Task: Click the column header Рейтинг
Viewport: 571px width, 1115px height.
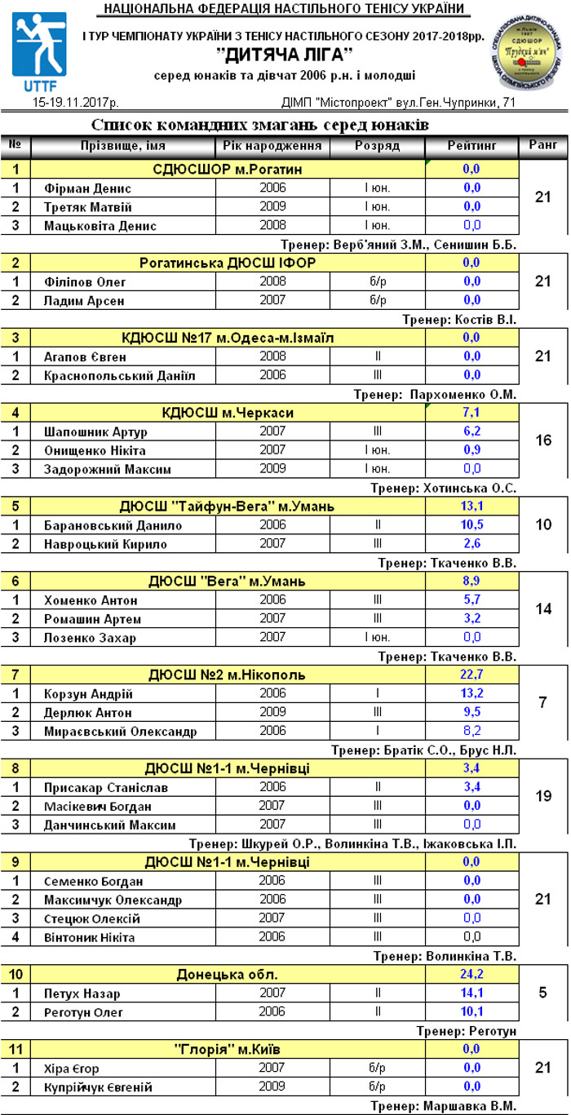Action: coord(471,145)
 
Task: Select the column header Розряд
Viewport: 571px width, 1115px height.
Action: coord(377,145)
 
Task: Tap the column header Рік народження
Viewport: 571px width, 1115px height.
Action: coord(272,145)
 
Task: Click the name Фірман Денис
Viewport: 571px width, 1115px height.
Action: coord(87,188)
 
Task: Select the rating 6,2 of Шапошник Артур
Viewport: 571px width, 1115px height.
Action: coord(471,431)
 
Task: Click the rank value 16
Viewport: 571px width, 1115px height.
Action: coord(543,440)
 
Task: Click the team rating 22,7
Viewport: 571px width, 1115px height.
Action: coord(471,675)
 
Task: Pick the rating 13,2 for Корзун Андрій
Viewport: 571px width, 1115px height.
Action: coord(471,694)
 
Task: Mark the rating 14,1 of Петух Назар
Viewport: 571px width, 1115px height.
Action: coord(471,993)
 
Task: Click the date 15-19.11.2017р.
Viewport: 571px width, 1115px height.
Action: coord(75,104)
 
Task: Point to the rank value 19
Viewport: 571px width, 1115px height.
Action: coord(543,796)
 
